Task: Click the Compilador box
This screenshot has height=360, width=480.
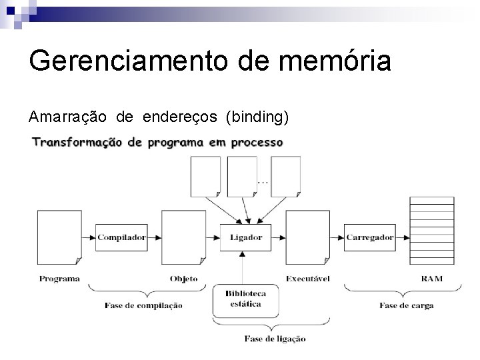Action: (121, 237)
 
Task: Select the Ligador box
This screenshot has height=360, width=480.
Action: (246, 237)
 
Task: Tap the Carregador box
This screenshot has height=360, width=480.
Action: (370, 237)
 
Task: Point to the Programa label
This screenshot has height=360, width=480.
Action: (59, 279)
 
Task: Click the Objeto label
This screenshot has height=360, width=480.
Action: (183, 279)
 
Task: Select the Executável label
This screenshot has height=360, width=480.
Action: (308, 279)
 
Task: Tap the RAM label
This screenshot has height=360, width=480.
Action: (431, 279)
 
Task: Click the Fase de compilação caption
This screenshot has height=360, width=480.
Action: (143, 306)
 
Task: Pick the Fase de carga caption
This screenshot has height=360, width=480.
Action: (407, 306)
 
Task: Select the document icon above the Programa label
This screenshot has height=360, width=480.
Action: (59, 237)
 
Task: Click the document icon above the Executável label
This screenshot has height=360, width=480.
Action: (308, 237)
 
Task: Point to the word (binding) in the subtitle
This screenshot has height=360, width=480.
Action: (257, 118)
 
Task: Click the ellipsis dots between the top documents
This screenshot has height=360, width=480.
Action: (263, 181)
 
